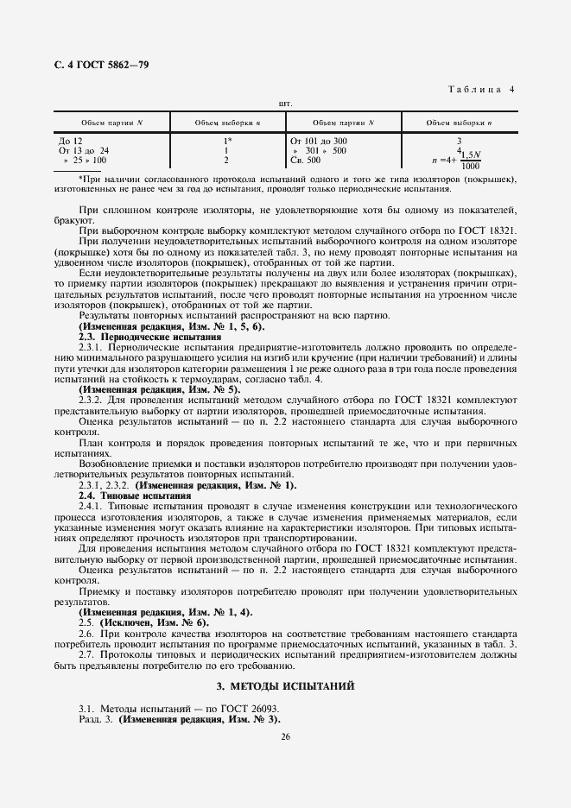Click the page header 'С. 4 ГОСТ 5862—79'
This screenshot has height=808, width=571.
(x=96, y=65)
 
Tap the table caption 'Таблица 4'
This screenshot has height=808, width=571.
(x=483, y=89)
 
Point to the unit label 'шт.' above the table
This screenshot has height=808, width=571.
(x=284, y=104)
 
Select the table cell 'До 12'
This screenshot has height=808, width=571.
(x=71, y=141)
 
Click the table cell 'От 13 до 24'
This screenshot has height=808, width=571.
(x=84, y=150)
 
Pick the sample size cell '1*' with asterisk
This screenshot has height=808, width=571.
(x=228, y=141)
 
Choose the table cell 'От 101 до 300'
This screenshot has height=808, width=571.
(x=319, y=141)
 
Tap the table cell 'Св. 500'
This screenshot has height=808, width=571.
(x=304, y=160)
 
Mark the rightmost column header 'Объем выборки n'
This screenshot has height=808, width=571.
(x=460, y=123)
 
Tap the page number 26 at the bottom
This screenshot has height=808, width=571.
(x=285, y=736)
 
